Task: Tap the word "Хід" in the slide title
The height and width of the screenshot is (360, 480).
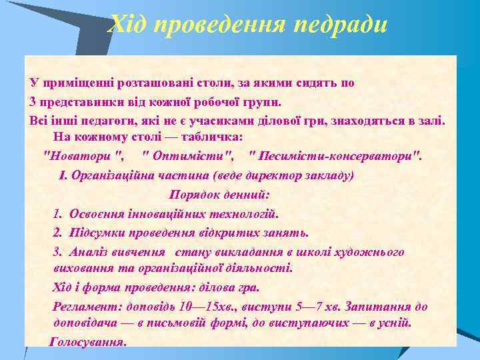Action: [127, 25]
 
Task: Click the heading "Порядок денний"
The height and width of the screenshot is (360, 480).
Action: [219, 195]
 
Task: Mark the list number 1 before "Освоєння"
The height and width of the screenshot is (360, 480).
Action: [57, 214]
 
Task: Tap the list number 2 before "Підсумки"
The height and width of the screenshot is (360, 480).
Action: [57, 233]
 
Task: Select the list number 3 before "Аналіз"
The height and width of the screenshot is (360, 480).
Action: [57, 252]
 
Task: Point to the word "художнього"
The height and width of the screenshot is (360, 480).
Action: [371, 252]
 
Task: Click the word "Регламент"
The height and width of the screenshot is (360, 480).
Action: [82, 307]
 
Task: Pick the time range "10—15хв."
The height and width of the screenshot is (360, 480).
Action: [200, 307]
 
